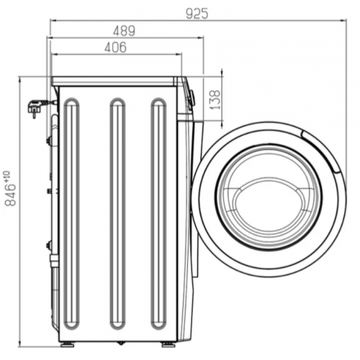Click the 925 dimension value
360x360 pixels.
click(197, 13)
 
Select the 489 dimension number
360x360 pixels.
click(125, 31)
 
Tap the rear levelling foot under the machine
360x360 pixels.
click(66, 344)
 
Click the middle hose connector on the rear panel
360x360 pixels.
click(49, 191)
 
